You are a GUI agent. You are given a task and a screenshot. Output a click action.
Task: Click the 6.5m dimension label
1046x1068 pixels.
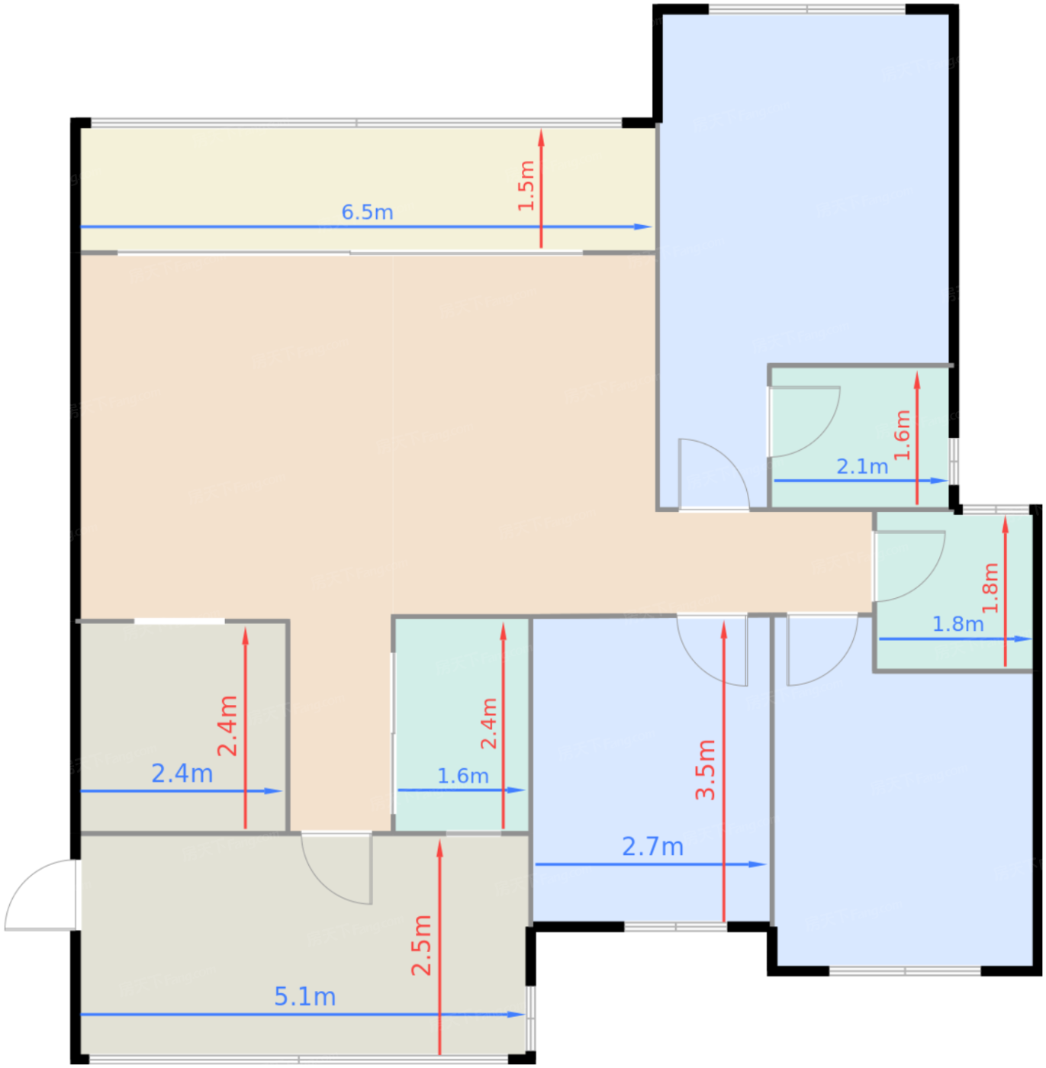[367, 212]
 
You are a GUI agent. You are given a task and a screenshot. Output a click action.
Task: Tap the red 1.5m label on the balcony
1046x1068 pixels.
[526, 186]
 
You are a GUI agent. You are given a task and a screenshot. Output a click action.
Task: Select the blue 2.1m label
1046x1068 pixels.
[862, 466]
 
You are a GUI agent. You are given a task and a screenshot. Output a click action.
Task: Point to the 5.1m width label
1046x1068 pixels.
[304, 996]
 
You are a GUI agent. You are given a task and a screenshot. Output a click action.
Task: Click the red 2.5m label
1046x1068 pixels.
[421, 945]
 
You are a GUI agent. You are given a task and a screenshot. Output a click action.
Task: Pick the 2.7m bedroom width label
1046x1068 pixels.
[652, 846]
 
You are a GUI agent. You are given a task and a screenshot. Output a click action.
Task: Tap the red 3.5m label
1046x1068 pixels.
[706, 770]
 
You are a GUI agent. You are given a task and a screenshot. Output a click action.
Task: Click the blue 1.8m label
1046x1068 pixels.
[957, 624]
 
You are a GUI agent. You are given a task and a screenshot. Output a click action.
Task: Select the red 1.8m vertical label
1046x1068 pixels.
[990, 588]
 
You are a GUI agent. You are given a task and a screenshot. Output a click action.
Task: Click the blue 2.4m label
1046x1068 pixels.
[182, 774]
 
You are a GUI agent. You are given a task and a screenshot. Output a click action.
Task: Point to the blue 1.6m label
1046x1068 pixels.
[462, 776]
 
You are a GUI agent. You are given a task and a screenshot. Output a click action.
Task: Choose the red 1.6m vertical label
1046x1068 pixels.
[902, 435]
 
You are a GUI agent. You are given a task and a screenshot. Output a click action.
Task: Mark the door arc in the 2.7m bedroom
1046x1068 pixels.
[713, 652]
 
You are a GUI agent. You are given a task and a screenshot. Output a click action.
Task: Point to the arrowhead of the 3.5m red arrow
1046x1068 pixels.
[723, 629]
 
